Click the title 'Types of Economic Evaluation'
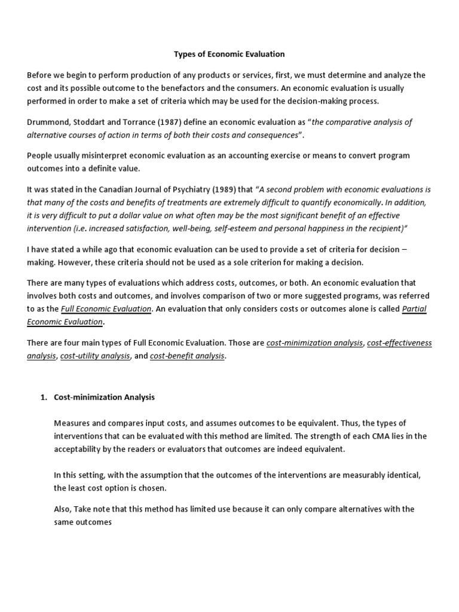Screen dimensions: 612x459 [229, 54]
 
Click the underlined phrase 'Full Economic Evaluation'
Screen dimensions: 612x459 [106, 309]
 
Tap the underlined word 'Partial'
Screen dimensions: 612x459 [415, 309]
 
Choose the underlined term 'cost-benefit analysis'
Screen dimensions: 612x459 [187, 356]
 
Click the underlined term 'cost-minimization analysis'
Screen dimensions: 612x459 [314, 343]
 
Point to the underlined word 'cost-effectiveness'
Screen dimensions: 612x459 [399, 343]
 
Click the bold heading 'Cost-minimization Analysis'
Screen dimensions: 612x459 [105, 396]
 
